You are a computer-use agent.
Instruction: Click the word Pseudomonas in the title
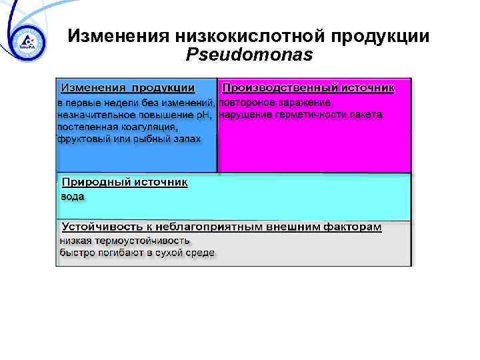coord(250,55)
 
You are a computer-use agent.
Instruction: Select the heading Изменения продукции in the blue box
coord(128,88)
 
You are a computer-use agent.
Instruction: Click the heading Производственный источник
coord(308,88)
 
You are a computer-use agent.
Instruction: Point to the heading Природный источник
coord(125,182)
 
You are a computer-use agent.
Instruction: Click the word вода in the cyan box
coord(72,197)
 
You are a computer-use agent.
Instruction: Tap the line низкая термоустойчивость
coord(125,241)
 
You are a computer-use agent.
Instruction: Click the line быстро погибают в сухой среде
coord(137,253)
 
